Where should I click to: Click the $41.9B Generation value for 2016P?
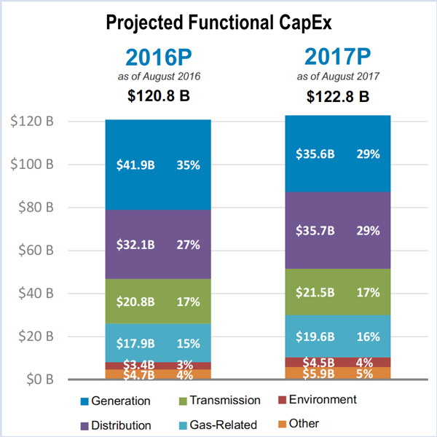pyautogui.click(x=135, y=165)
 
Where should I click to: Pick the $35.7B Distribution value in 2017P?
pyautogui.click(x=315, y=231)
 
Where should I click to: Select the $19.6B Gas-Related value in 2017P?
pyautogui.click(x=315, y=336)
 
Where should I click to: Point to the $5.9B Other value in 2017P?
pyautogui.click(x=315, y=374)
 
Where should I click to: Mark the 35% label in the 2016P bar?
pyautogui.click(x=188, y=165)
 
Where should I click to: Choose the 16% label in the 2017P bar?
pyautogui.click(x=368, y=336)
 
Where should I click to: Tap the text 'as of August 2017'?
pyautogui.click(x=338, y=76)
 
